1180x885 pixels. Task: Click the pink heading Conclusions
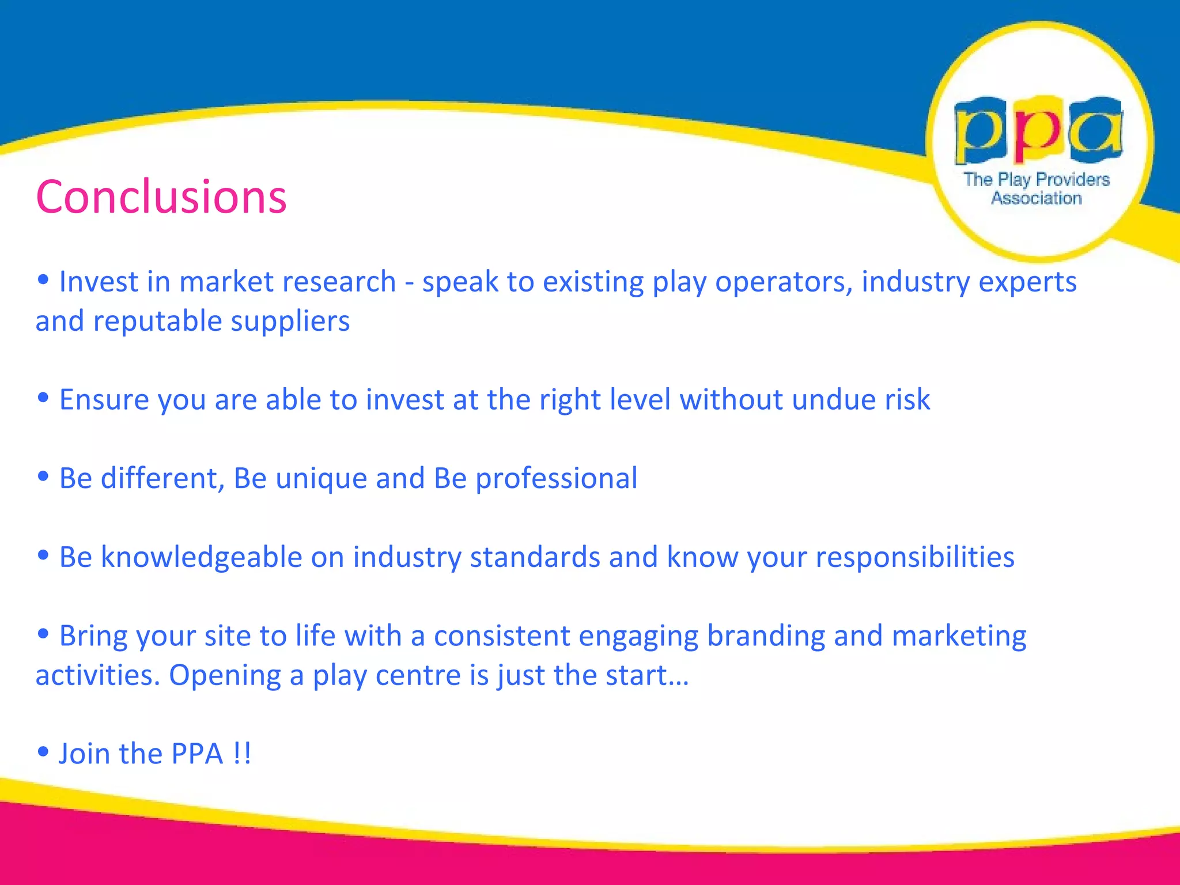161,197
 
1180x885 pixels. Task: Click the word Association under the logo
1036,198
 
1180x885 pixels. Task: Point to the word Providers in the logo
1072,180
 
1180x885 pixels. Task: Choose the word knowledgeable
201,558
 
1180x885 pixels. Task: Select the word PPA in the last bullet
197,754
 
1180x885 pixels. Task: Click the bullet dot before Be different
43,476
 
